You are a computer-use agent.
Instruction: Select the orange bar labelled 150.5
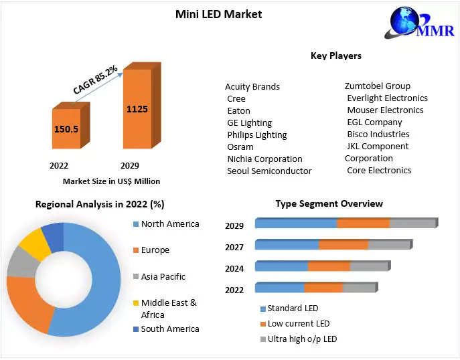[66, 129]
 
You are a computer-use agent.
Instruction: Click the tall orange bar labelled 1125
[137, 109]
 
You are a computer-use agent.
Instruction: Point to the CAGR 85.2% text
[96, 79]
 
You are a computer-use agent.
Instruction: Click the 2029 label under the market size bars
[129, 165]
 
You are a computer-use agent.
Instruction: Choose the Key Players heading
[335, 56]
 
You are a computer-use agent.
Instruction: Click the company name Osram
[240, 147]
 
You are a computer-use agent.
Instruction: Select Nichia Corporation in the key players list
[264, 159]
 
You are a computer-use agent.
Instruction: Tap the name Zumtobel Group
[378, 86]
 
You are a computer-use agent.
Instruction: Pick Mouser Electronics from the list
[385, 110]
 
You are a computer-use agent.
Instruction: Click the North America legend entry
[170, 223]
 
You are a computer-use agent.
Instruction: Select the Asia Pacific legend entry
[163, 276]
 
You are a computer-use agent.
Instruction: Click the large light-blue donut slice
[94, 281]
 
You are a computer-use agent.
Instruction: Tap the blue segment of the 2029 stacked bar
[295, 223]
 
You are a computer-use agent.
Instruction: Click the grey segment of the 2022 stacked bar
[359, 288]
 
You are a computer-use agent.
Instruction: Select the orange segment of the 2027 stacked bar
[343, 245]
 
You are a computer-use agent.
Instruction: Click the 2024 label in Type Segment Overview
[234, 268]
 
